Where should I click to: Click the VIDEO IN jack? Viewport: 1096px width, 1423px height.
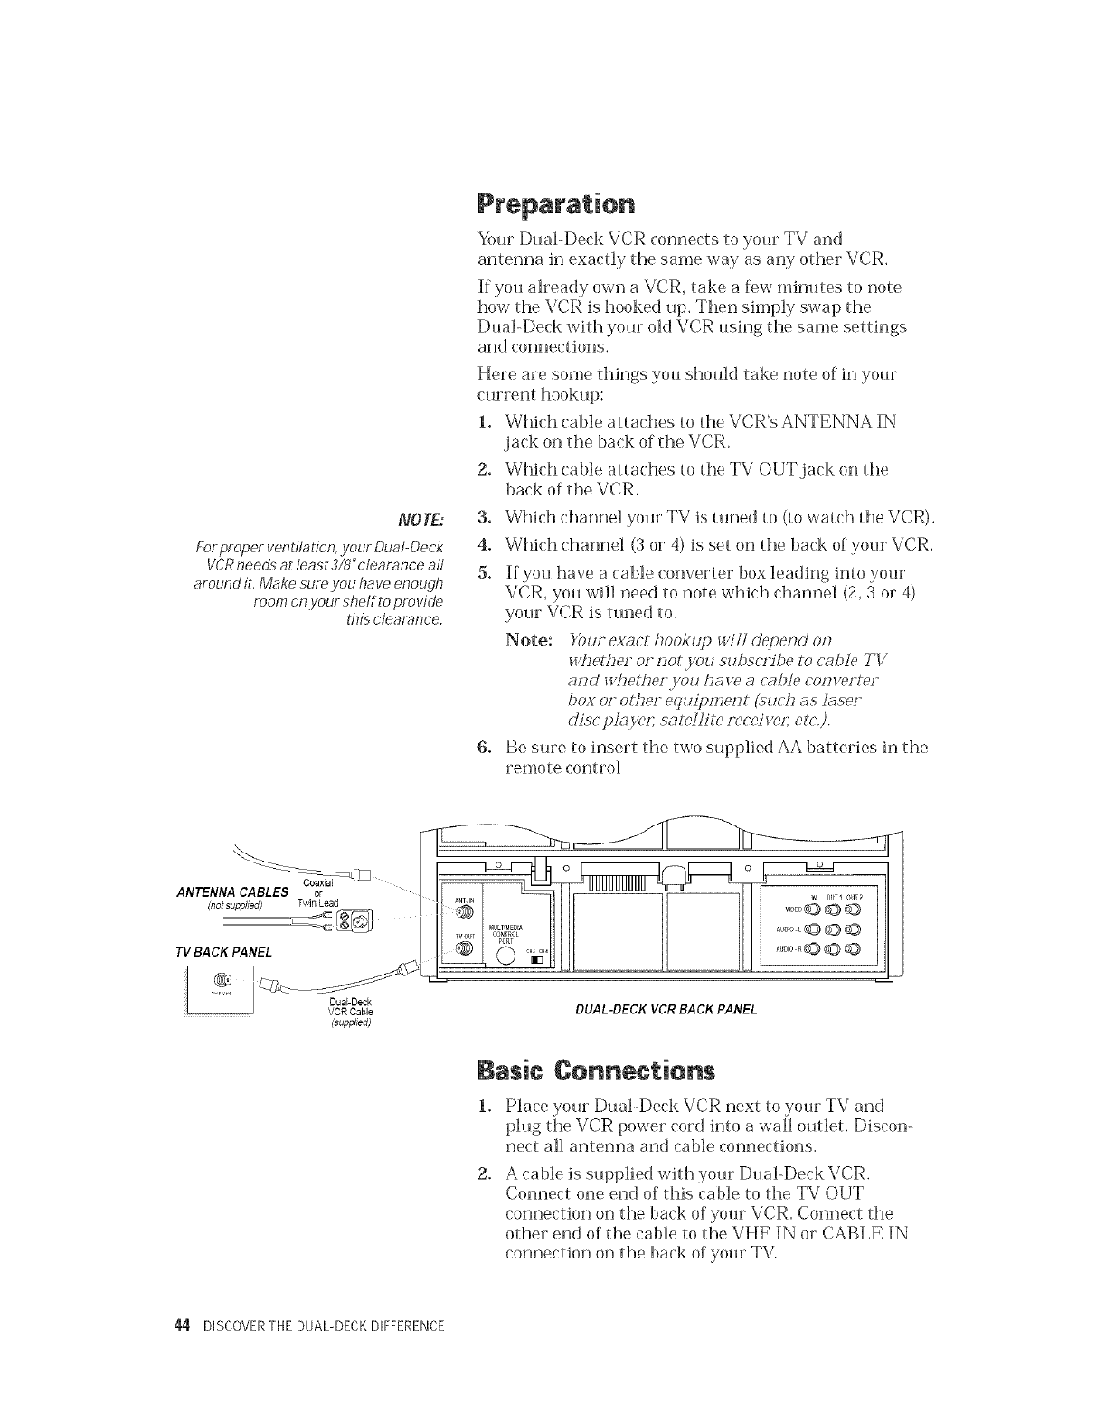[x=812, y=909]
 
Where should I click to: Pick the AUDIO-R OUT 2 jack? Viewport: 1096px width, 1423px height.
[x=854, y=949]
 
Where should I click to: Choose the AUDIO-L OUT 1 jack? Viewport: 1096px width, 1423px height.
[x=833, y=929]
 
